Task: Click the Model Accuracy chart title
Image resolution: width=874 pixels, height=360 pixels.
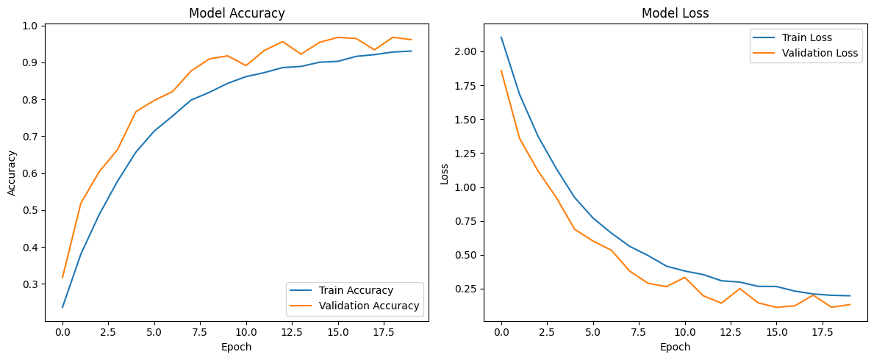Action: point(237,13)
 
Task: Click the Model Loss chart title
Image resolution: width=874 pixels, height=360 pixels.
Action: point(675,13)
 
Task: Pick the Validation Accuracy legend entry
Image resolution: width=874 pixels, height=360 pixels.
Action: point(370,306)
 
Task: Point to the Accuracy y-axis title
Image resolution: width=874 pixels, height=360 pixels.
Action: point(11,173)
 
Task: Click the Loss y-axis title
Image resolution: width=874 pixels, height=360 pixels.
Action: point(444,173)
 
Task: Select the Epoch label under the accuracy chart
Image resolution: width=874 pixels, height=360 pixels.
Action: point(237,347)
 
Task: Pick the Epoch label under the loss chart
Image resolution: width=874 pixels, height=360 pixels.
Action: point(675,347)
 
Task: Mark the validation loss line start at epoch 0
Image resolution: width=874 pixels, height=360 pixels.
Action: point(501,71)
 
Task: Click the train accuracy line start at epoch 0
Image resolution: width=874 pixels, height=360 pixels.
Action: point(62,307)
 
